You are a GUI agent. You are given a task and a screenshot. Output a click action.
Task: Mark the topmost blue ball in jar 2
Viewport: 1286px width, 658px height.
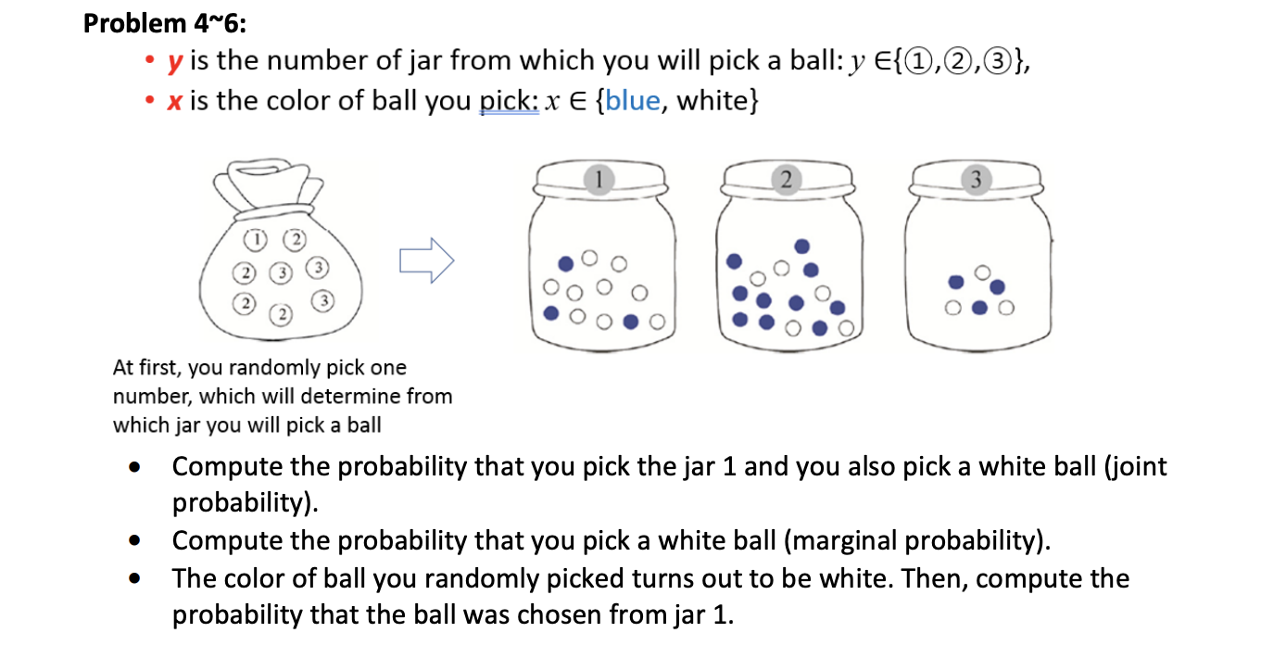[802, 246]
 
